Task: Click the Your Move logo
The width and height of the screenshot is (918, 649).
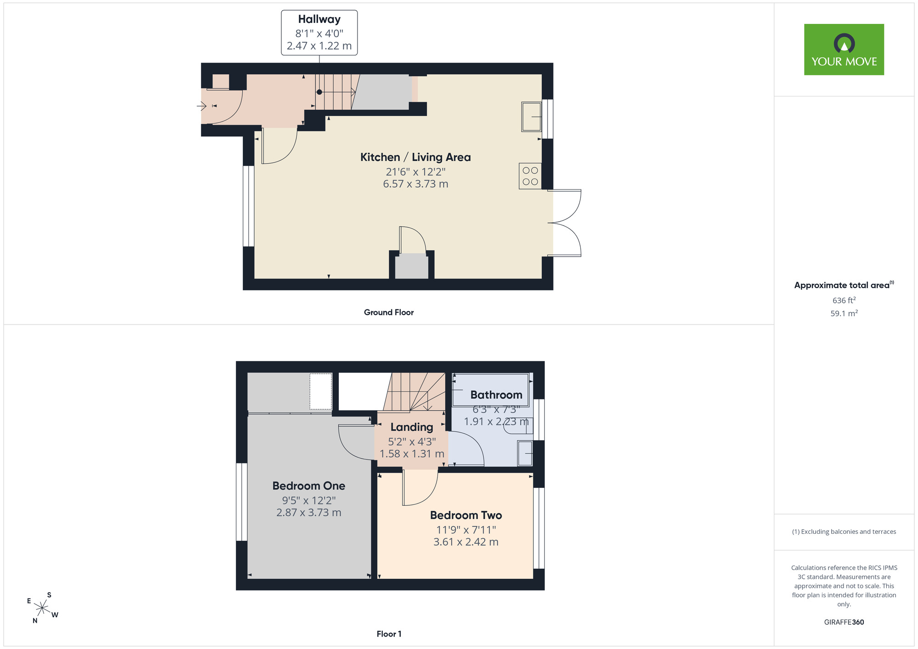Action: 844,50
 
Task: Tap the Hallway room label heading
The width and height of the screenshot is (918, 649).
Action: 319,19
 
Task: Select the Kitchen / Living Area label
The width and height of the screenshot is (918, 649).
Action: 415,157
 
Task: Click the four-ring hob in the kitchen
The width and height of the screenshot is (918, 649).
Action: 530,176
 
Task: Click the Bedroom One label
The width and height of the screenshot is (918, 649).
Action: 309,486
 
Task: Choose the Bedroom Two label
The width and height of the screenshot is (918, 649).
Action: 466,515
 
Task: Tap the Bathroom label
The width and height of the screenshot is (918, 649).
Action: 496,395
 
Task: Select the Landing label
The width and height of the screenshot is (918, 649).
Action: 412,427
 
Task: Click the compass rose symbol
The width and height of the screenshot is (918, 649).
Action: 42,608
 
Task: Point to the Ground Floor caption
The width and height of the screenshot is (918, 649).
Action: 389,312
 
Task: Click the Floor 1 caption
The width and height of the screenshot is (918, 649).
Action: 389,634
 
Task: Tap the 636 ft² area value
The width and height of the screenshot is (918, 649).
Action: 844,300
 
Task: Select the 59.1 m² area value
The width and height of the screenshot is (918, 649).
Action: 844,313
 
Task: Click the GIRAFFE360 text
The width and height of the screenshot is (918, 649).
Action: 844,622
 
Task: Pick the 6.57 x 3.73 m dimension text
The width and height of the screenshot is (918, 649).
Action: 415,184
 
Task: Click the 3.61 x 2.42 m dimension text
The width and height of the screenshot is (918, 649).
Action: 466,542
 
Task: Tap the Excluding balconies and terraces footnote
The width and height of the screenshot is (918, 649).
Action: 844,532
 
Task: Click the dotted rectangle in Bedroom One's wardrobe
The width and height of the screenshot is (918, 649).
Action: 320,392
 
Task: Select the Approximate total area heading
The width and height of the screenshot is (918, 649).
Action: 844,285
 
